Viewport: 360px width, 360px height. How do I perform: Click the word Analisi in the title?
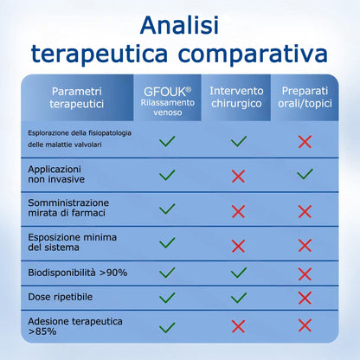(x=180, y=23)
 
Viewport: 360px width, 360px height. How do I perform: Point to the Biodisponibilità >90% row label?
(x=78, y=273)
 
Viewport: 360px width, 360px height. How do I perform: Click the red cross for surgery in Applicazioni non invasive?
(x=238, y=176)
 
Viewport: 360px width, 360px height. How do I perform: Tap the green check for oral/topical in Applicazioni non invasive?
(x=304, y=176)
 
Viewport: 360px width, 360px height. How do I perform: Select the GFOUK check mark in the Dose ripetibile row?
(x=167, y=297)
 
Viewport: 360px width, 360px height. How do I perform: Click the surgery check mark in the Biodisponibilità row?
(x=238, y=273)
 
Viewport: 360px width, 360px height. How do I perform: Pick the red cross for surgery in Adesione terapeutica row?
(x=238, y=325)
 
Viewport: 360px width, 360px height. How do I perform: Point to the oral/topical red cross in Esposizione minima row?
(x=304, y=242)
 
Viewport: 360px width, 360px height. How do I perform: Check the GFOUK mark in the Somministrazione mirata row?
(x=167, y=209)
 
